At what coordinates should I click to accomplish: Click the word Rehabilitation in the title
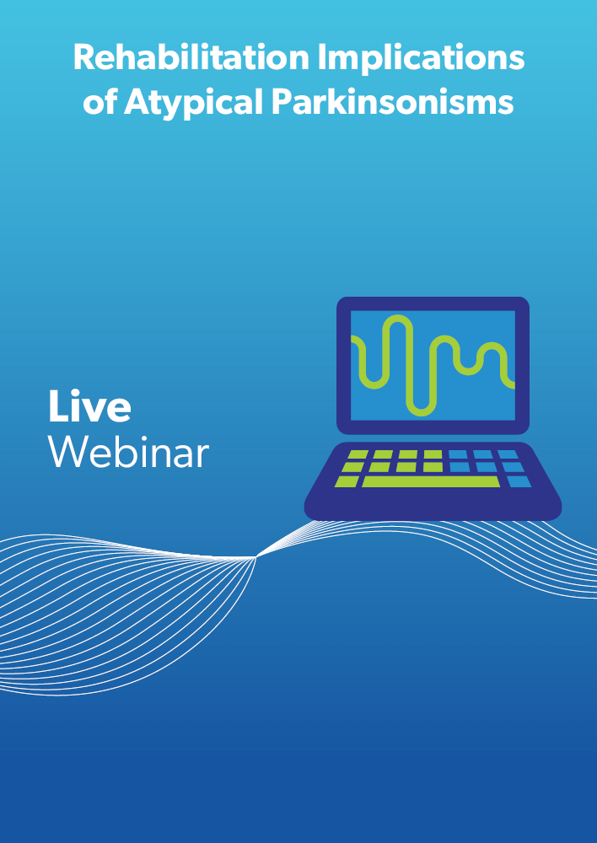[x=191, y=57]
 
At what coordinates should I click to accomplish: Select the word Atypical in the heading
[x=194, y=102]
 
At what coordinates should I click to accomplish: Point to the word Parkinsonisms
[x=393, y=101]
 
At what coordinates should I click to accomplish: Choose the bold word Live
[x=89, y=406]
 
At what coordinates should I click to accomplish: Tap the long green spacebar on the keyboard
[x=431, y=481]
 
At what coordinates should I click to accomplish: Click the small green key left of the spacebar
[x=347, y=481]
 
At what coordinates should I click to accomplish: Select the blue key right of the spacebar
[x=519, y=481]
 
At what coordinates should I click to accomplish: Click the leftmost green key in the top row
[x=358, y=455]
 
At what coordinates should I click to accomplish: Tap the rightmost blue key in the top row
[x=508, y=455]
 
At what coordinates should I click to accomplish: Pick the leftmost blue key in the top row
[x=458, y=455]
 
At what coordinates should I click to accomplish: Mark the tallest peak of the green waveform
[x=398, y=317]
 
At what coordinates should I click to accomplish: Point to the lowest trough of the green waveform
[x=421, y=413]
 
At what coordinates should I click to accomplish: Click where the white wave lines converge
[x=256, y=557]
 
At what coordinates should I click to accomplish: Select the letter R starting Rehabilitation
[x=85, y=57]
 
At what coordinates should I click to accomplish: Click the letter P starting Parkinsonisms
[x=282, y=102]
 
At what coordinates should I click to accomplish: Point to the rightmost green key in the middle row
[x=433, y=467]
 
